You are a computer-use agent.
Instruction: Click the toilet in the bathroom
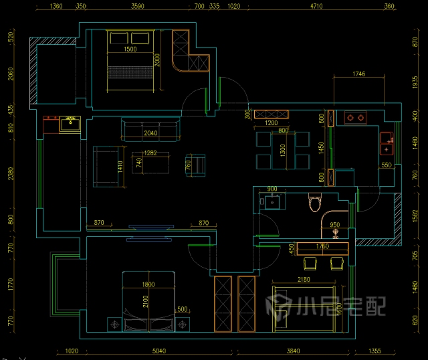point(315,202)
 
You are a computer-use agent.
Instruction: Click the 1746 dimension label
point(358,75)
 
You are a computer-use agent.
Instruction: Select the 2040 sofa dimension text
point(150,132)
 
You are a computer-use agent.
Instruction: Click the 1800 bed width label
point(148,284)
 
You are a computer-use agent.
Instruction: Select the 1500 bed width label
point(130,50)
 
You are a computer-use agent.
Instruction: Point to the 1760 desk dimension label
point(322,246)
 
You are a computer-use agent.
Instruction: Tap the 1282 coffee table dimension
point(150,153)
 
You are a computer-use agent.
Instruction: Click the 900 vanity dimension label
point(272,189)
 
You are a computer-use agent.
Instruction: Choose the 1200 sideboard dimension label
point(271,123)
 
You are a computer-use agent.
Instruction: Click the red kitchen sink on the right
point(387,139)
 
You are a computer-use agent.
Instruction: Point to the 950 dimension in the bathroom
point(334,225)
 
